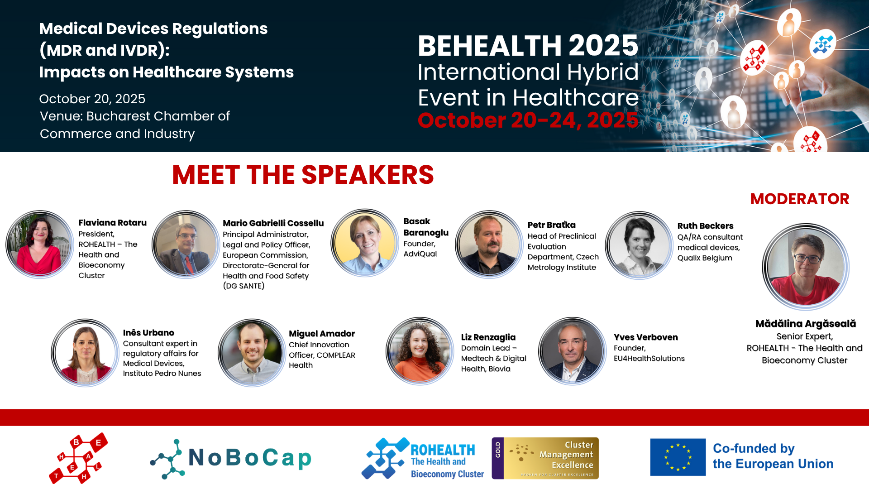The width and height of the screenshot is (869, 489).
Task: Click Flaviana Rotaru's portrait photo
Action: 40,244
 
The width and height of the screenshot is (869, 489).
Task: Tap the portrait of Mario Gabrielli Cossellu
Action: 186,244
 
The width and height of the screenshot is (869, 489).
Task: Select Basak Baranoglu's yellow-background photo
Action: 365,243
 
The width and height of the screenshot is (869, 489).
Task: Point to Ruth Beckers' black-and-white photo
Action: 639,245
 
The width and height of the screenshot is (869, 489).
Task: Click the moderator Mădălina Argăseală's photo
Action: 806,267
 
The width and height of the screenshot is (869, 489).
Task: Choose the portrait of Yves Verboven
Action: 572,351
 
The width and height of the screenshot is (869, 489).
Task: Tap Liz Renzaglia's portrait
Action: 420,351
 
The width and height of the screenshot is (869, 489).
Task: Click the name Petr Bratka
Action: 551,225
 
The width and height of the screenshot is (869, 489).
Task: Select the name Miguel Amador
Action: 322,334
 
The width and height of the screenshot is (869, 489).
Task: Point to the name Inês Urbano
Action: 148,333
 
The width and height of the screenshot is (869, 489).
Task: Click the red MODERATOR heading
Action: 800,199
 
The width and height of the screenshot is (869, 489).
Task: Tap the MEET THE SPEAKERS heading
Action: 303,175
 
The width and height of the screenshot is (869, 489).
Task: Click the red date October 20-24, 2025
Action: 528,120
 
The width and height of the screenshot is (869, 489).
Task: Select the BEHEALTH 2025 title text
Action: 528,46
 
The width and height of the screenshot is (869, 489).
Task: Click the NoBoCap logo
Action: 231,458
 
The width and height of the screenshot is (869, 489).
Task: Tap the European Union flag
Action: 678,457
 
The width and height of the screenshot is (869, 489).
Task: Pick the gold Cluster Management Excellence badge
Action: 545,458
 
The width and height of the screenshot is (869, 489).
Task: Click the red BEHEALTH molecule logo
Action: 78,458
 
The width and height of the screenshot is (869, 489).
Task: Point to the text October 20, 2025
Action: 92,99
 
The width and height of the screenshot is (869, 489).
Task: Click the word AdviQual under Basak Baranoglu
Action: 420,254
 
